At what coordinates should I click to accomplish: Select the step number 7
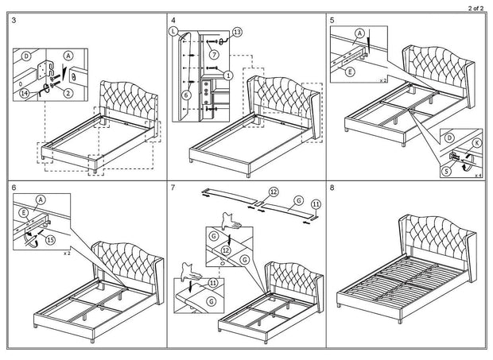pos(173,191)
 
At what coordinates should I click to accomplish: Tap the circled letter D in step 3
pos(26,56)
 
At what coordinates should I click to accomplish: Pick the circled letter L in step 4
pos(173,31)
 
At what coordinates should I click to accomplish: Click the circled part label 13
pos(236,32)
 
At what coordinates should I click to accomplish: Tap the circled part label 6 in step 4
pos(187,95)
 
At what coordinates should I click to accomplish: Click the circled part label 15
pos(52,239)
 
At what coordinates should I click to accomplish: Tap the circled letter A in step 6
pos(41,200)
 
